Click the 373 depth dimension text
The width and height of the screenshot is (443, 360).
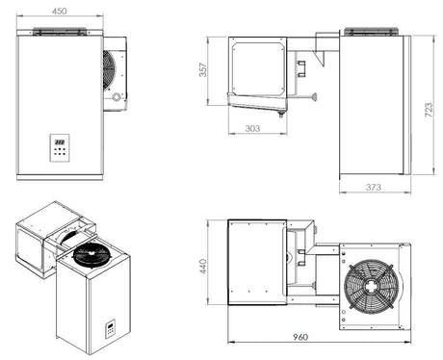click(x=377, y=186)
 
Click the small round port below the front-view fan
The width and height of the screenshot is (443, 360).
click(x=117, y=98)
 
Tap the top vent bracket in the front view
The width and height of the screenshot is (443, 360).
click(x=58, y=33)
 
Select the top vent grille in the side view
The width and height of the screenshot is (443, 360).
click(x=372, y=32)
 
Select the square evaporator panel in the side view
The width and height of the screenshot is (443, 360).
click(x=257, y=67)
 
